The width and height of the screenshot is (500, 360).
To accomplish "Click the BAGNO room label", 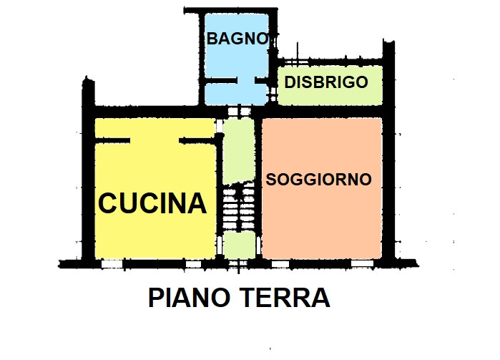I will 237,39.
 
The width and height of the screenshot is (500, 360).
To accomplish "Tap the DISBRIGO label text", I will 325,82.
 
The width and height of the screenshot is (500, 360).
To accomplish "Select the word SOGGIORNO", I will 318,180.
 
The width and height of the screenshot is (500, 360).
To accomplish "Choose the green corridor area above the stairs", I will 237,150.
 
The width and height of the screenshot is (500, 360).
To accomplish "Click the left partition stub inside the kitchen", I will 113,140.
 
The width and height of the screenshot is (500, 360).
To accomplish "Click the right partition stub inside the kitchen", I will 197,140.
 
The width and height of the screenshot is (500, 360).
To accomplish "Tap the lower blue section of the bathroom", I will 236,92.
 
